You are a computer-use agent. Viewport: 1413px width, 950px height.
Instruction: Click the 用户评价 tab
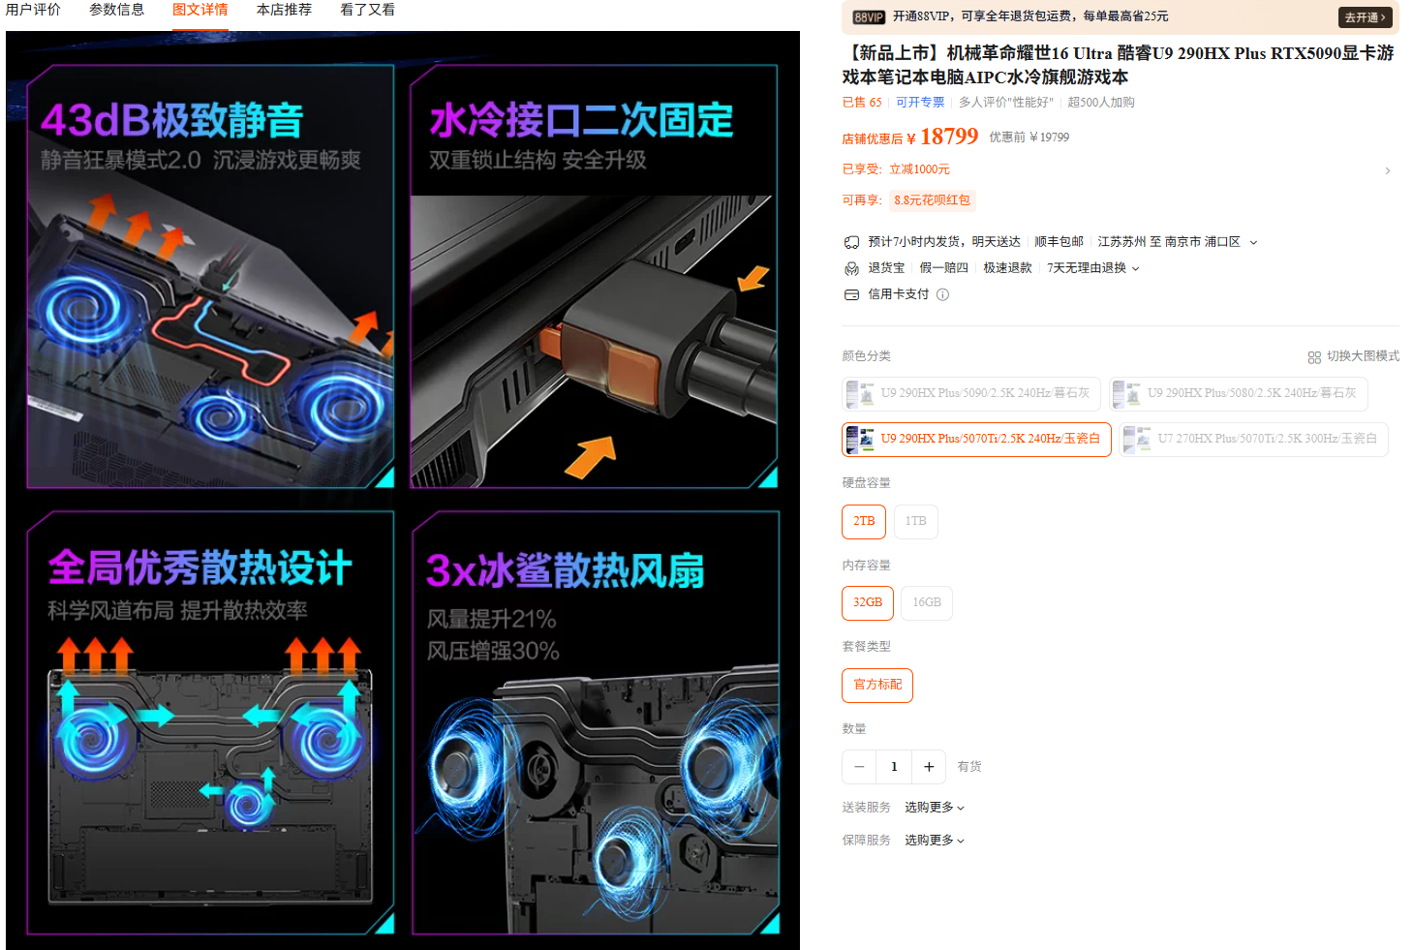[x=33, y=10]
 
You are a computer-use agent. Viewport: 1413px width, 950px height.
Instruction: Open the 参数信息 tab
[x=116, y=10]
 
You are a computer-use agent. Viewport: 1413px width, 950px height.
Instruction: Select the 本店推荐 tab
[x=284, y=10]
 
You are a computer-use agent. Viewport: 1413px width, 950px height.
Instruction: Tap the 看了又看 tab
[x=367, y=10]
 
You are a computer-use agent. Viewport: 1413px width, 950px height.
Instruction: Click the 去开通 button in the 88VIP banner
[x=1365, y=17]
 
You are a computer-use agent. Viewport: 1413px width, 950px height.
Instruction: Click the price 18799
[x=949, y=137]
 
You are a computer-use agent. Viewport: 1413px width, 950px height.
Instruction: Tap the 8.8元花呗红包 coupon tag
[x=932, y=199]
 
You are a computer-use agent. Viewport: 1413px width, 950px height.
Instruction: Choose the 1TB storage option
[x=915, y=521]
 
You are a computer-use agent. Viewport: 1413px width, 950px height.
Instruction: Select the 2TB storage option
[x=864, y=521]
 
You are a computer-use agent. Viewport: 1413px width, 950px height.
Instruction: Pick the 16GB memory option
[x=926, y=602]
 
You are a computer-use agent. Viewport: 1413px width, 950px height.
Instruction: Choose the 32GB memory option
[x=868, y=602]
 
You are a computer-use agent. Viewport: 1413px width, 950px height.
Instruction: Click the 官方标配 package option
[x=877, y=685]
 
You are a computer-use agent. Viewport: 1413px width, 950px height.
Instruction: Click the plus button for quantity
[x=929, y=766]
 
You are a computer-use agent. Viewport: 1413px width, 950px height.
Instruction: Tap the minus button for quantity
[x=858, y=766]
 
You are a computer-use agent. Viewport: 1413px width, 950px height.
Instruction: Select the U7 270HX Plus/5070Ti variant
[x=1253, y=439]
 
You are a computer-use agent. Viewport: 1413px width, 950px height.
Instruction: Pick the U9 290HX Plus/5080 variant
[x=1239, y=393]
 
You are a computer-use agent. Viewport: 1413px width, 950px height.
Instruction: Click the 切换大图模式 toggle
[x=1353, y=356]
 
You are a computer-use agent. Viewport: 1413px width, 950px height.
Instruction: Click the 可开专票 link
[x=920, y=103]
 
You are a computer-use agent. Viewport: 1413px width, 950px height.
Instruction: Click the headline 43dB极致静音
[x=172, y=120]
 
